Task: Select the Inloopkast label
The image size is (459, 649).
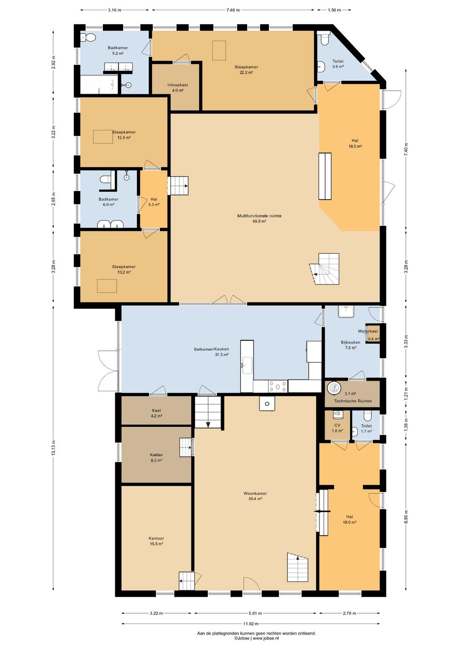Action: tap(178, 85)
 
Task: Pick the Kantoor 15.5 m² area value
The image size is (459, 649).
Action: tap(156, 544)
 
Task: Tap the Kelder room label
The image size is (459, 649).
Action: tap(156, 455)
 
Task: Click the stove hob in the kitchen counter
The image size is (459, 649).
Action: tap(278, 386)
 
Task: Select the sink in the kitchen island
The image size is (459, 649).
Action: tap(247, 366)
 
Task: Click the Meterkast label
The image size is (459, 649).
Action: tap(368, 331)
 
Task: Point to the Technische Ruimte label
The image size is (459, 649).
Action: tap(353, 401)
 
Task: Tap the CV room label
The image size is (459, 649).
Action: tap(337, 425)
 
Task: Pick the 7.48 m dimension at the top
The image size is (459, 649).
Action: tap(233, 10)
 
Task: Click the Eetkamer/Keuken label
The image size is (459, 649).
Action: tap(211, 349)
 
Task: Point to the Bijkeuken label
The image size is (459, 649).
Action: tap(350, 342)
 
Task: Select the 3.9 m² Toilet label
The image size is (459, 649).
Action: tap(337, 61)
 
